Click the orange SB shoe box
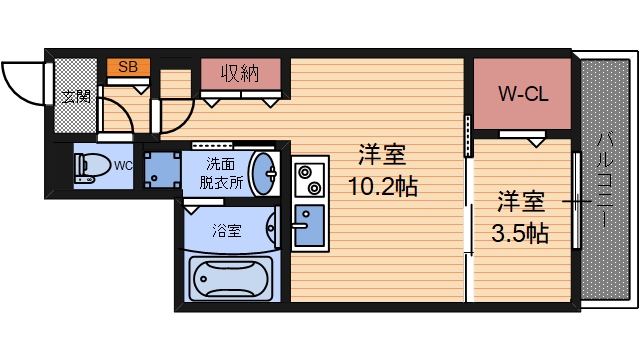pos(129,68)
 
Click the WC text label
pos(122,165)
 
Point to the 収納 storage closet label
pos(240,73)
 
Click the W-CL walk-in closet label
pos(521,95)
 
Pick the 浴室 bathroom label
pos(227,230)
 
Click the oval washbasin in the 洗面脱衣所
pos(263,174)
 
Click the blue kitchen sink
pos(309,228)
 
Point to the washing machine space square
pos(160,170)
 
